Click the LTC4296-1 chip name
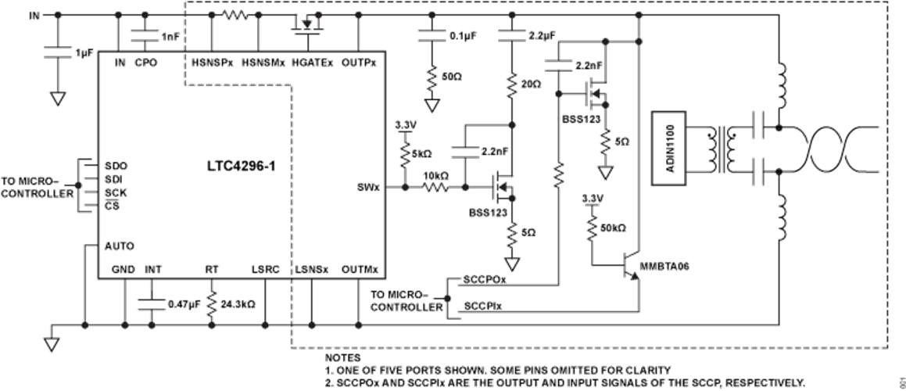242,168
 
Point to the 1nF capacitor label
170,37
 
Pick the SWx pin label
368,188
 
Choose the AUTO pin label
120,246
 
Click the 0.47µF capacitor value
183,303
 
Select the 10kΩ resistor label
436,174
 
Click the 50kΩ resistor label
613,228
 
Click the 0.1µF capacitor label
464,36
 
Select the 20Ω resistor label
531,84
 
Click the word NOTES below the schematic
342,358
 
